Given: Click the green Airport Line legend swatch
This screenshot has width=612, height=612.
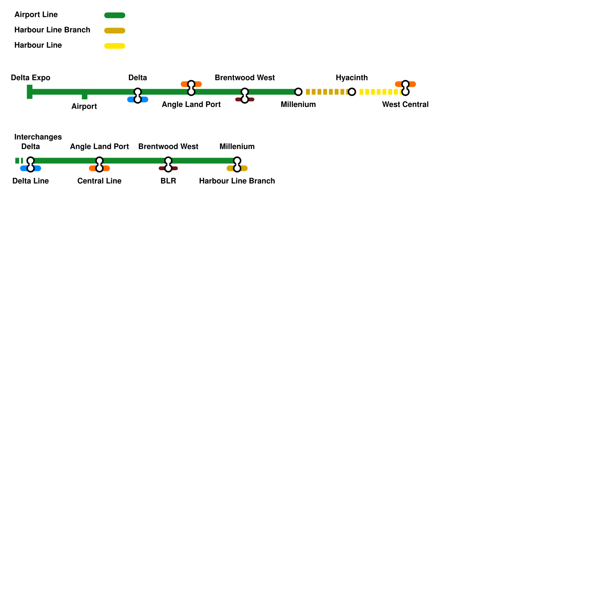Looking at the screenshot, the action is point(115,15).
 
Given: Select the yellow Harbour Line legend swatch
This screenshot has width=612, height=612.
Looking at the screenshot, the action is point(115,46).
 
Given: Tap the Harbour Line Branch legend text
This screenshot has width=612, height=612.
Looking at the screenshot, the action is point(52,30).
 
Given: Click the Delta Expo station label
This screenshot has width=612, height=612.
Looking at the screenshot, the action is point(31,78).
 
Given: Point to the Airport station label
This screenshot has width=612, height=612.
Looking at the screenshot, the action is point(84,106).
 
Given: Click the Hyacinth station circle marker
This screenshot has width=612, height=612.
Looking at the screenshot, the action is point(352,92).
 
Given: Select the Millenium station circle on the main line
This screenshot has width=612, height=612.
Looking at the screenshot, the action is point(298,92).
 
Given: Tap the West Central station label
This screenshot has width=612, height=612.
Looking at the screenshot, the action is point(405,104).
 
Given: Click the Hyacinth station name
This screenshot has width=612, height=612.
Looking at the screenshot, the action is point(352,78).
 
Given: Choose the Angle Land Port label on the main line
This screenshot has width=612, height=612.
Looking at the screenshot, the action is point(191,104).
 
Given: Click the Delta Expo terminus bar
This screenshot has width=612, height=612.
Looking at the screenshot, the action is point(29,92).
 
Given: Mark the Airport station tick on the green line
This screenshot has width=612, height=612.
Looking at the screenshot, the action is point(85,96).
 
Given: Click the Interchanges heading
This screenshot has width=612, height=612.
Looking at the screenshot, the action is point(38,137).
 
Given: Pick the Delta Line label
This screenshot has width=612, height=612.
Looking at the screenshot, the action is point(31,181).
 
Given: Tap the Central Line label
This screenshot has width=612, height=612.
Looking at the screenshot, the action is point(99,181).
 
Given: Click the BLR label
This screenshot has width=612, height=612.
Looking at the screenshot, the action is point(168,181).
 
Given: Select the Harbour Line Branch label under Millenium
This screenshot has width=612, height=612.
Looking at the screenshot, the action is point(237,181).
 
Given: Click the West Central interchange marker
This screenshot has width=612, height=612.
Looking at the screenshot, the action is point(405,88).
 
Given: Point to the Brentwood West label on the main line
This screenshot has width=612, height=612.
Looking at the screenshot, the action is point(245,78).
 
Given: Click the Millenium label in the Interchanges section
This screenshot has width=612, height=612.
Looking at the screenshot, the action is point(237,146).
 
